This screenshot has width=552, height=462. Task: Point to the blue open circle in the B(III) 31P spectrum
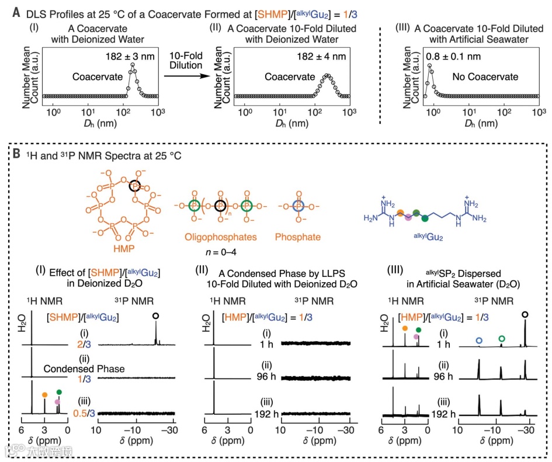479,339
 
